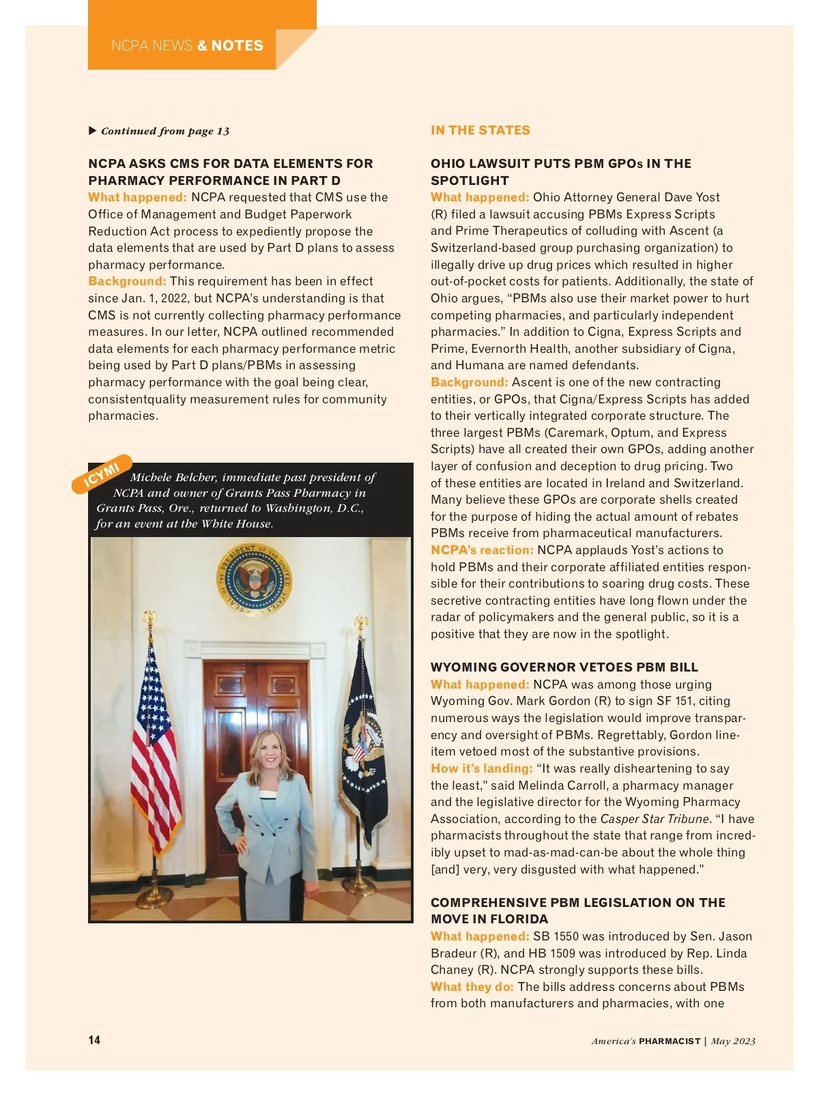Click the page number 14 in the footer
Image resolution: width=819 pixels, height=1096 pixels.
click(94, 1039)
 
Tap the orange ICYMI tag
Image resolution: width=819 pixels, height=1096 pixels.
click(102, 473)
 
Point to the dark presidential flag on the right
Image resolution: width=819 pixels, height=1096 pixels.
click(364, 740)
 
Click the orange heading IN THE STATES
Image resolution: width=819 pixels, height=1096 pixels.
click(480, 130)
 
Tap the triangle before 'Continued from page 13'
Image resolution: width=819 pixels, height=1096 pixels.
click(93, 130)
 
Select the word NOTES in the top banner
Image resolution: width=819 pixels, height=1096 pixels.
click(237, 46)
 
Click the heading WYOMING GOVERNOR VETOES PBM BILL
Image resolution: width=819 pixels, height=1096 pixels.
click(564, 667)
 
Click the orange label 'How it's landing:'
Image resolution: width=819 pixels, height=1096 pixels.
click(481, 768)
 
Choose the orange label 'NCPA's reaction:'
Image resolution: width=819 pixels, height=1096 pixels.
click(481, 550)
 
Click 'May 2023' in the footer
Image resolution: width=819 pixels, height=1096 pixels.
click(733, 1041)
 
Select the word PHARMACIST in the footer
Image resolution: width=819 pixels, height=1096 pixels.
click(670, 1041)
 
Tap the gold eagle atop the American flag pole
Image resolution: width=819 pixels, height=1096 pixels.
click(149, 618)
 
